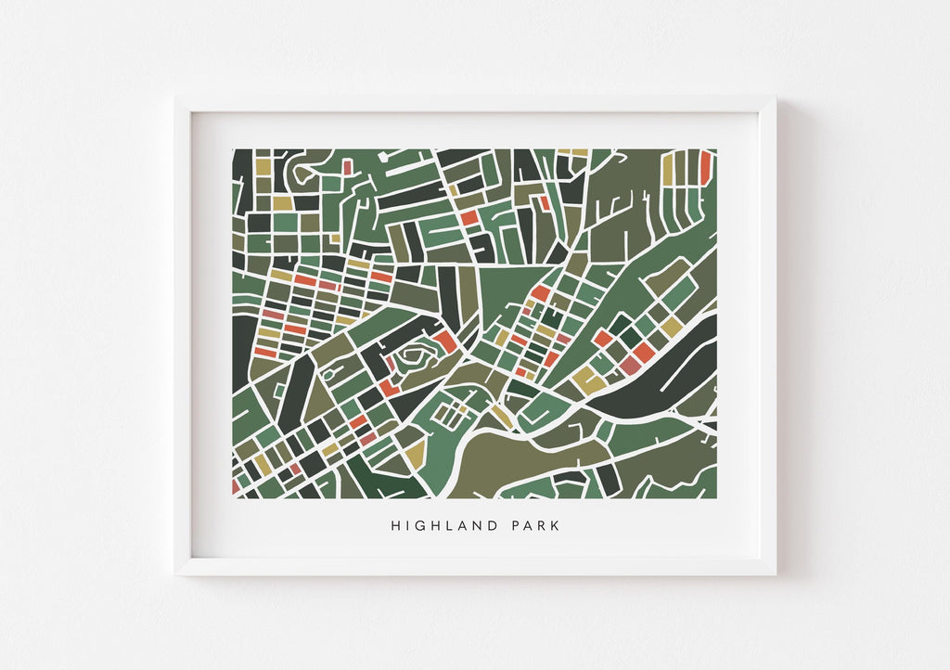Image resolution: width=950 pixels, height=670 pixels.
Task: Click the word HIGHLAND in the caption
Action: [440, 525]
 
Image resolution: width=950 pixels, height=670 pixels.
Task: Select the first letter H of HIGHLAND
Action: [395, 525]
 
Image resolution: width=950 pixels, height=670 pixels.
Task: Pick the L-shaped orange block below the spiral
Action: [389, 387]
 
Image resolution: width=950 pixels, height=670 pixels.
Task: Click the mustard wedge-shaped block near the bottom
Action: [414, 453]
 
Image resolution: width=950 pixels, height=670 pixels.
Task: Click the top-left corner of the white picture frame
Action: [176, 97]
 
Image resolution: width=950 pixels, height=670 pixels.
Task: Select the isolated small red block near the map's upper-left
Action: [347, 167]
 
